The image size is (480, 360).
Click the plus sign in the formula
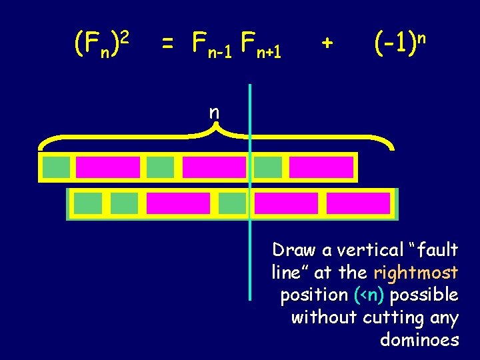tap(326, 43)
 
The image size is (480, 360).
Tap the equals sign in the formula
tap(168, 44)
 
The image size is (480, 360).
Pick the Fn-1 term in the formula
tap(208, 46)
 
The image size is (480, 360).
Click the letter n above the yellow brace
tap(214, 113)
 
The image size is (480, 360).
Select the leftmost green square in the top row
tap(56, 167)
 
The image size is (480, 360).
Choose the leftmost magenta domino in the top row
tap(108, 167)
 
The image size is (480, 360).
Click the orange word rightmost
tap(416, 273)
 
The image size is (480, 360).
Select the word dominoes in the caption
tap(419, 340)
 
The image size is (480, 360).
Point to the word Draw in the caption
tap(295, 250)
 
